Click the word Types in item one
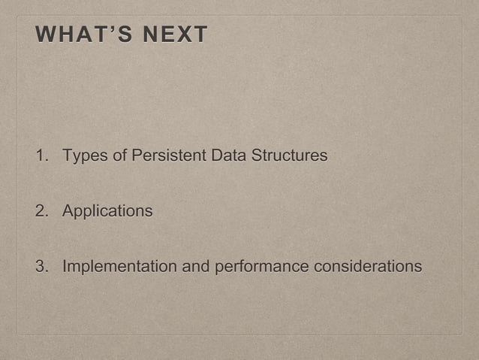tap(84, 156)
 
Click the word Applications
tap(107, 211)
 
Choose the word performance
tap(262, 267)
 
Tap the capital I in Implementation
tap(65, 267)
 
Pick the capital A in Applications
tap(68, 211)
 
